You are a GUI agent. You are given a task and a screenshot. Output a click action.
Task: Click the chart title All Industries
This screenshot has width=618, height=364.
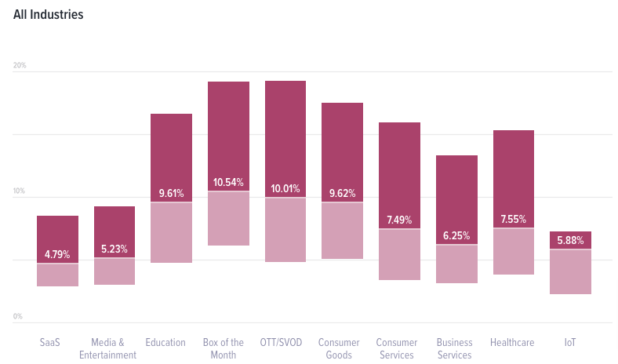coord(49,15)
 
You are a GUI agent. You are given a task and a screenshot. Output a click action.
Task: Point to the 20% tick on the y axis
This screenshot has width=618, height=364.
coord(20,65)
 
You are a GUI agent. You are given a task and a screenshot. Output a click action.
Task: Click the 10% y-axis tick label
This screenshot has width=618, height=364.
coord(20,191)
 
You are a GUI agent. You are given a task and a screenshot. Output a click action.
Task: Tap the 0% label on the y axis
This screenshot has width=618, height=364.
coord(17,317)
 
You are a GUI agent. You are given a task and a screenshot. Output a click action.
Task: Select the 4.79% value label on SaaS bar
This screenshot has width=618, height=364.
coord(57,254)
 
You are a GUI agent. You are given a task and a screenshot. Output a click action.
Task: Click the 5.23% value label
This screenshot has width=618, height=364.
coord(115,249)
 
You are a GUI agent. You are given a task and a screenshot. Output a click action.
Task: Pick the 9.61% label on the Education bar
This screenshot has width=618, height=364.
coord(172,193)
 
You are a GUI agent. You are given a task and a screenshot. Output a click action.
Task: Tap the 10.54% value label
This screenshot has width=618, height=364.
coord(229,183)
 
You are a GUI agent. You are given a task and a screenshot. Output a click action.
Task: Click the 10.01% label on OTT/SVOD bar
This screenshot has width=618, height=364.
coord(285,188)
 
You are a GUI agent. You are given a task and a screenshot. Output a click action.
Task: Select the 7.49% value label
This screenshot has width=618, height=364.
coord(399,220)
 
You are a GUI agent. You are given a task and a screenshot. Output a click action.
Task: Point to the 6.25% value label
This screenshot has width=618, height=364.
coord(456,235)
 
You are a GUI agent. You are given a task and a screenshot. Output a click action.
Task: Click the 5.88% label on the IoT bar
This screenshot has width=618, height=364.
coord(570,240)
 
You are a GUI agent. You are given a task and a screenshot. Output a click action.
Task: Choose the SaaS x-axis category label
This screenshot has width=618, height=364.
coord(50,343)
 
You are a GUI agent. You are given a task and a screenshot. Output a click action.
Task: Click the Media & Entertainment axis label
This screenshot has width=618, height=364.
coord(107,349)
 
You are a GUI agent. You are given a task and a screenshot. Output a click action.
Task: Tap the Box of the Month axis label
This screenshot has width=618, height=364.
coord(223,349)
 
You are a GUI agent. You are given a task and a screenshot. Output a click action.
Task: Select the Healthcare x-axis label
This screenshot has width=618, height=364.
coord(512,343)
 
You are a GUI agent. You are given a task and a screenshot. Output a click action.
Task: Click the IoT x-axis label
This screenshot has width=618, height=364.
coord(570,343)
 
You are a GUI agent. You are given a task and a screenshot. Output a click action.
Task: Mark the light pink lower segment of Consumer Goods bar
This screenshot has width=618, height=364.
coord(342,231)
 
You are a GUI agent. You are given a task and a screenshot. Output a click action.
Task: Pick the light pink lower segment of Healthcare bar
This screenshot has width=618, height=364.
coord(514,251)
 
